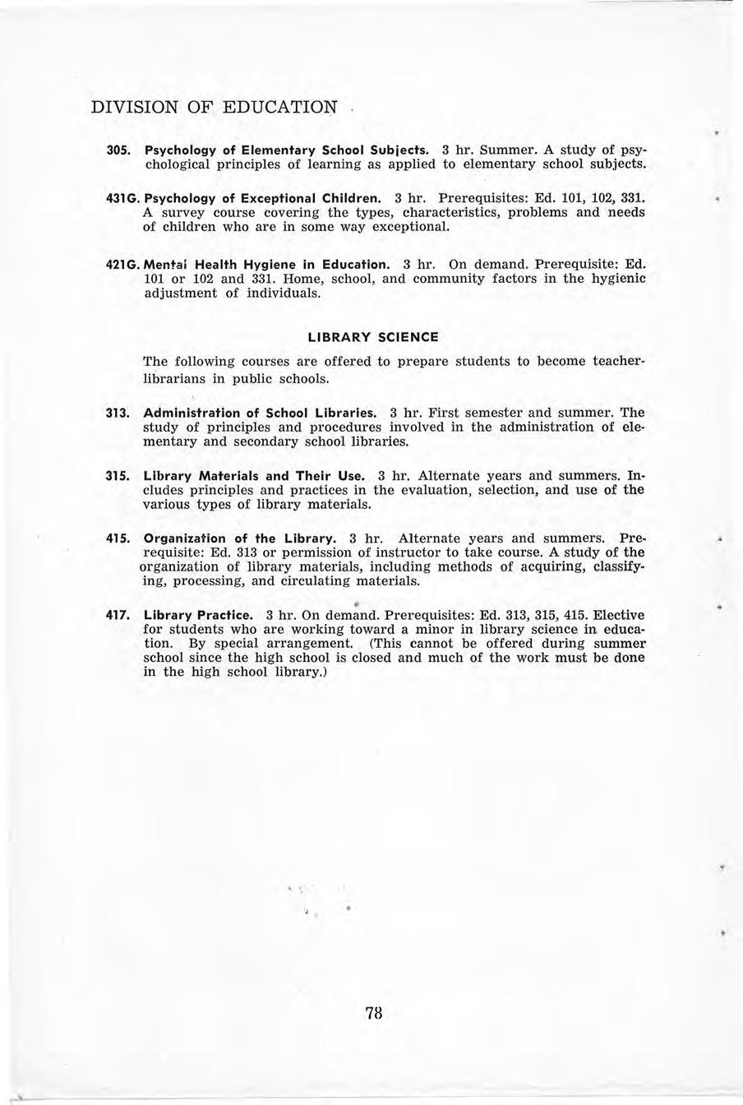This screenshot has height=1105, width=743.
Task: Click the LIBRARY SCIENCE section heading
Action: [x=372, y=337]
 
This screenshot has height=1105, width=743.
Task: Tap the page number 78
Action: [x=374, y=1013]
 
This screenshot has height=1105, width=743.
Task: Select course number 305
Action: [x=118, y=151]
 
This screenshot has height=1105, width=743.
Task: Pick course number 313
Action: [x=118, y=413]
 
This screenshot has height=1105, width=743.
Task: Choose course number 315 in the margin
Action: [x=118, y=476]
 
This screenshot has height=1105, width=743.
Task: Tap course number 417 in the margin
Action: [x=118, y=615]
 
